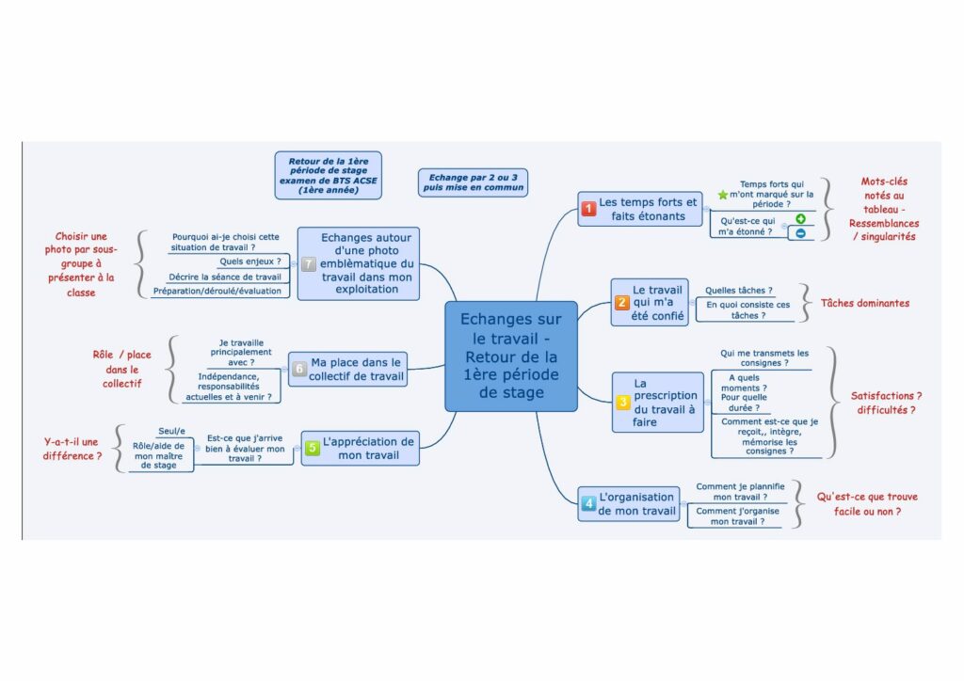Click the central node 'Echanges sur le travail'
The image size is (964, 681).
[x=510, y=356]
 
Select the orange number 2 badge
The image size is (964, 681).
[x=622, y=303]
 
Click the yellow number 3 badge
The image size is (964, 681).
[x=623, y=403]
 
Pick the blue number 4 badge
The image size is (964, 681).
[x=588, y=504]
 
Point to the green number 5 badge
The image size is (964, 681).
[x=313, y=449]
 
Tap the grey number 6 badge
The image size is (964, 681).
[x=298, y=369]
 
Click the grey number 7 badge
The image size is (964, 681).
[x=308, y=264]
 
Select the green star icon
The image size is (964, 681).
[x=722, y=195]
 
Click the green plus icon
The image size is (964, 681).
[x=800, y=219]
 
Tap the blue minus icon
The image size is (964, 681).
[x=800, y=233]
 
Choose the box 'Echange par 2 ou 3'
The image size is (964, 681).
[x=473, y=182]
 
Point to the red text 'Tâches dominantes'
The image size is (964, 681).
[x=865, y=303]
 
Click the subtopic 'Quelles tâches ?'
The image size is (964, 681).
[x=739, y=291]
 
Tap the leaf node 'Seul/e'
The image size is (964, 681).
[x=171, y=430]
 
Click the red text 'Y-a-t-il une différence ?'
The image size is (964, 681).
[x=72, y=448]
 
